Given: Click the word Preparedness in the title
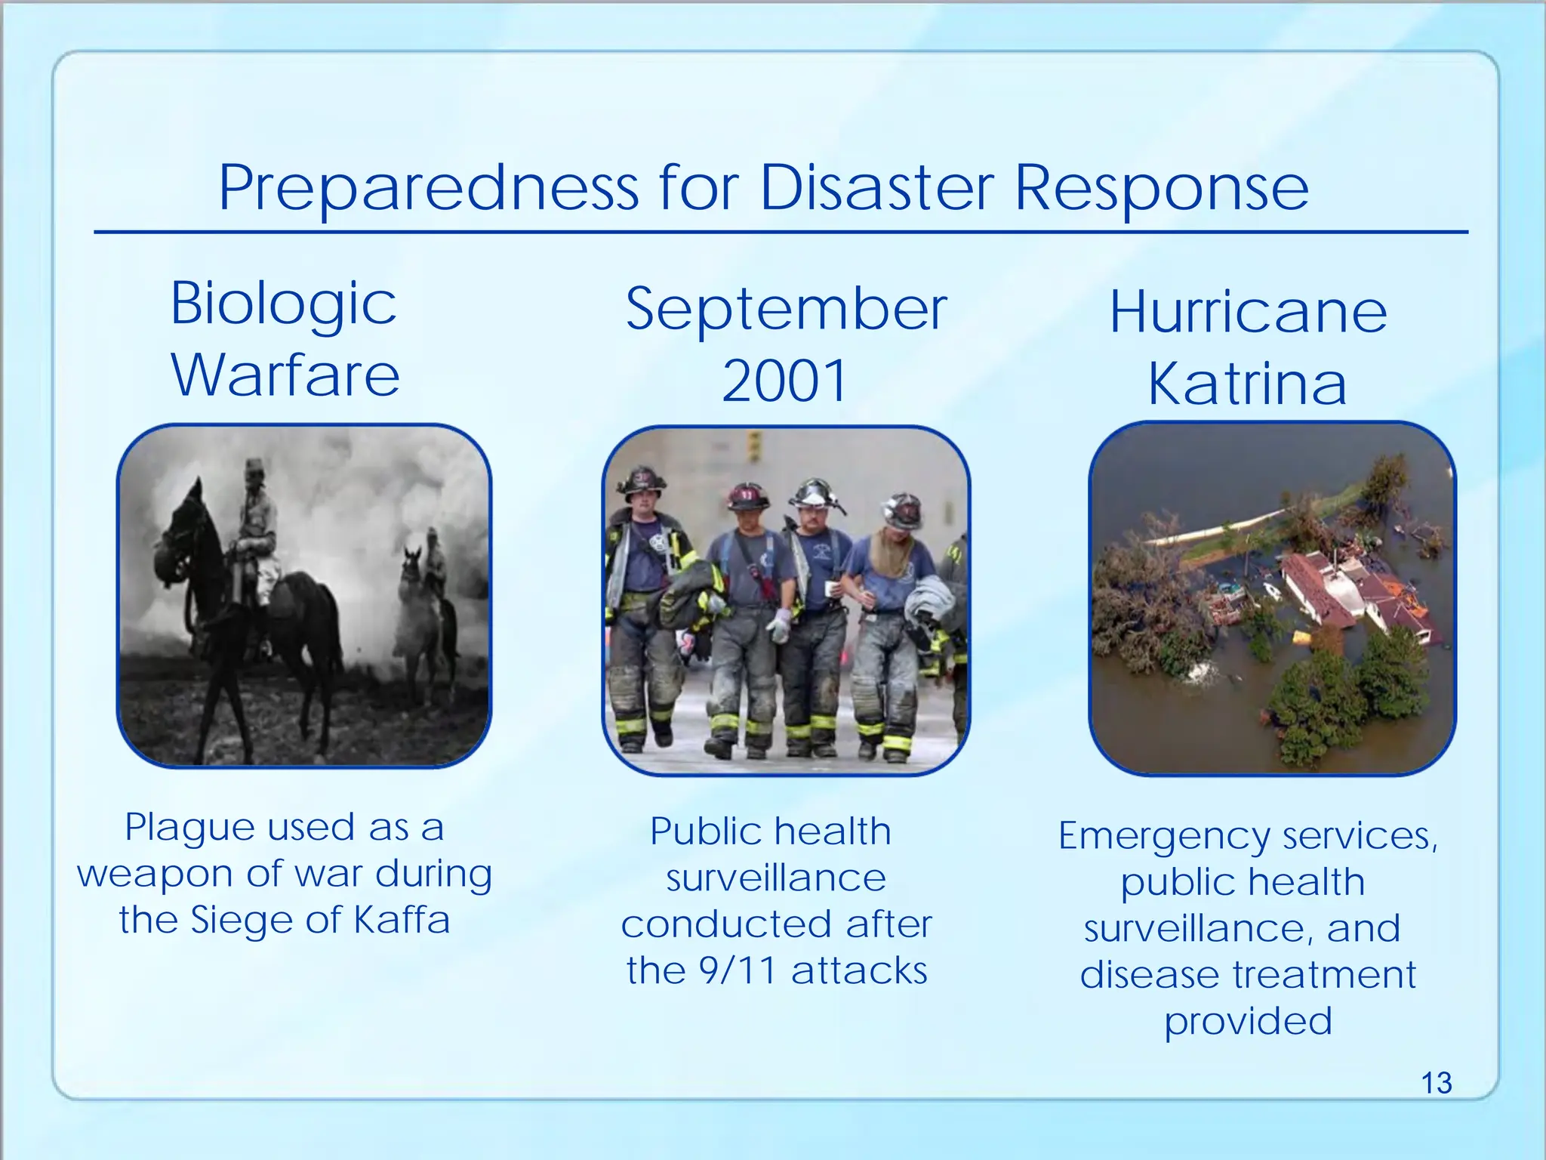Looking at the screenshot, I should (x=429, y=189).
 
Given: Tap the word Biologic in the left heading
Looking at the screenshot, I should (x=283, y=304).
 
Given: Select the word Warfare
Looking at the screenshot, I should (x=285, y=375).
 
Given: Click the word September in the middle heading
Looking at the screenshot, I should (x=786, y=310).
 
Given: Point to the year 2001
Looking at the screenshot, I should (x=785, y=381).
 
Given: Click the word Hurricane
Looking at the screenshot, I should (x=1248, y=313).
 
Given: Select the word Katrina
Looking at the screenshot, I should (x=1247, y=384).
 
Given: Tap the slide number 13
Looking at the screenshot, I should (x=1436, y=1083).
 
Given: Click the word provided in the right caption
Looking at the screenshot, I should (x=1248, y=1021).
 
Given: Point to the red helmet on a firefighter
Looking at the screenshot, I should (x=747, y=497).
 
